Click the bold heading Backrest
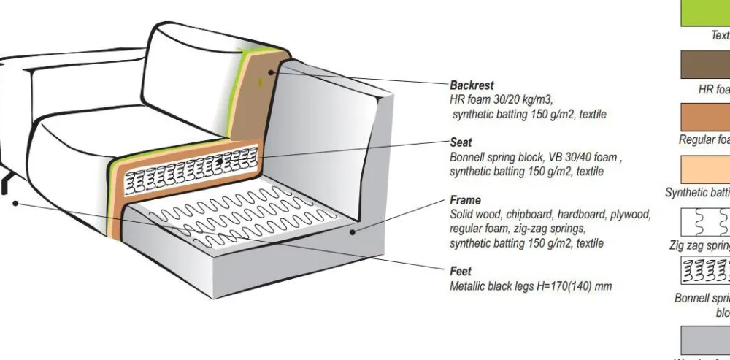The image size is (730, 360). coord(472,85)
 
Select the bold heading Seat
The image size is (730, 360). coord(461,142)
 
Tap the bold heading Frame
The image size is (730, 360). coord(465,200)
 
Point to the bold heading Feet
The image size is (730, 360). coord(461,272)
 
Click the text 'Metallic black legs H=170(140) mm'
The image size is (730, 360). coord(531,286)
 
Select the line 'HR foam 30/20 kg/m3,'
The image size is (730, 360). coord(502,100)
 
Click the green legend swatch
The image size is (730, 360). coord(705,12)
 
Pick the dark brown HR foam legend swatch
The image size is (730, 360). coord(705,64)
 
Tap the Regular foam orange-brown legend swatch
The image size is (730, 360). coord(705,117)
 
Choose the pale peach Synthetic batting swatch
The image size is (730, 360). coord(705,169)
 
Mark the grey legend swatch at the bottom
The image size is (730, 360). coord(705,340)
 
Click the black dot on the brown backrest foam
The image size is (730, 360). coord(271,72)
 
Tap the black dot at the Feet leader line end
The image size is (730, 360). coord(15,203)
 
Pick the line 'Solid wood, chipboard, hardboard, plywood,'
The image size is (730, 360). coord(550,215)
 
